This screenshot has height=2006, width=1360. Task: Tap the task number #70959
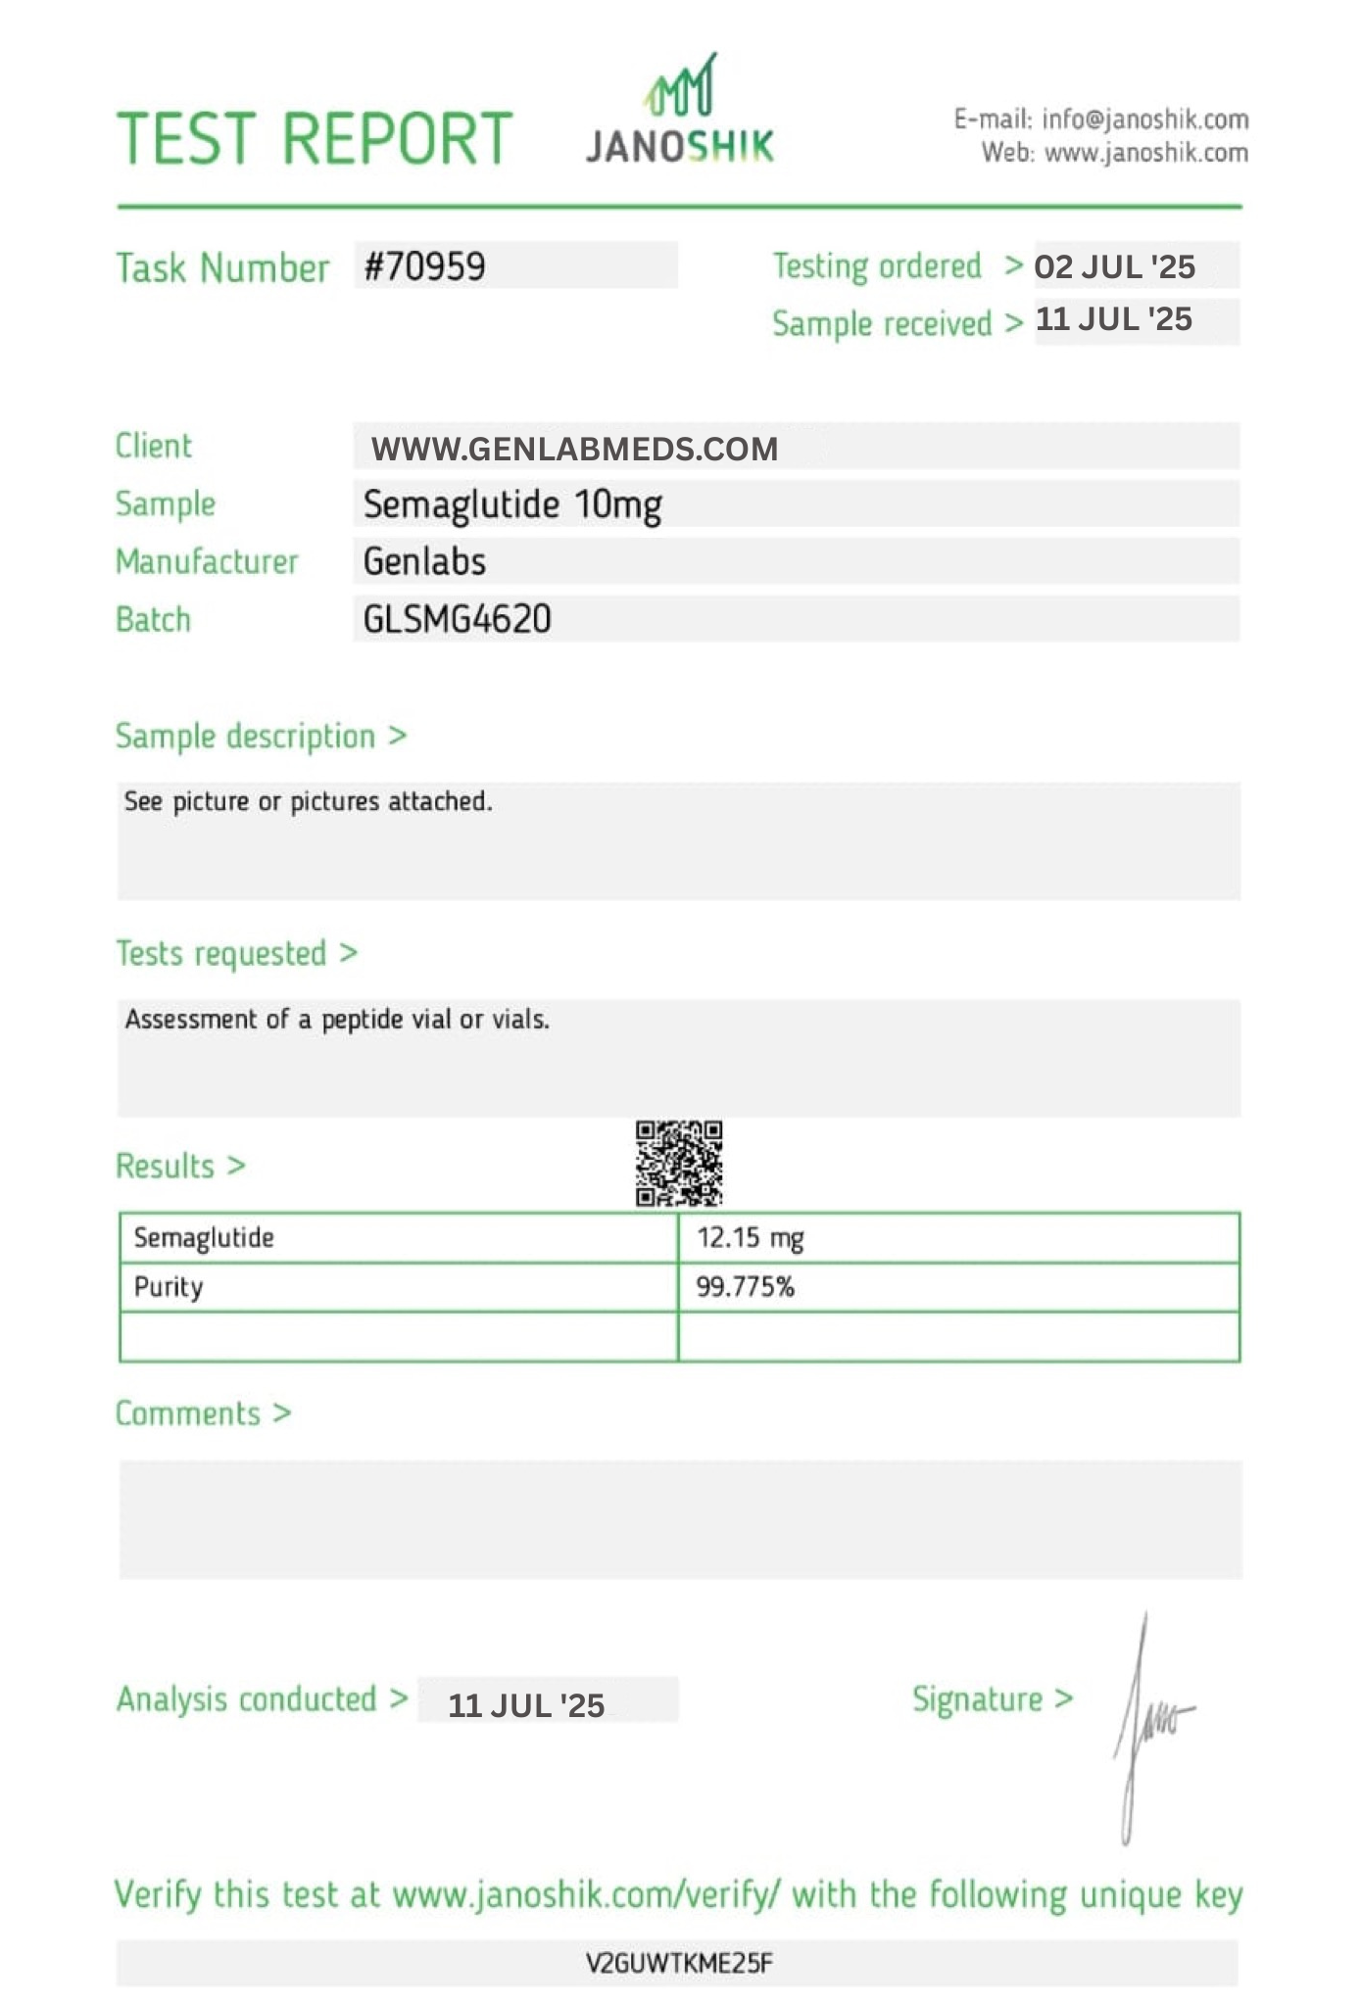click(424, 266)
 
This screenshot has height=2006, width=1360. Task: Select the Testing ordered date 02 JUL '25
click(1114, 266)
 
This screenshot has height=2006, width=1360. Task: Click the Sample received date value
click(1113, 319)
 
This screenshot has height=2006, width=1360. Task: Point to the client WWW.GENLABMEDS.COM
click(574, 449)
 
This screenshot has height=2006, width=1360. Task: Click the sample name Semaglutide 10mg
click(512, 504)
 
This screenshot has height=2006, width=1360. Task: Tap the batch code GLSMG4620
click(457, 619)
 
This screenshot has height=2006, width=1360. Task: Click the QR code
click(679, 1164)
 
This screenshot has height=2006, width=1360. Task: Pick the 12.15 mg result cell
click(750, 1238)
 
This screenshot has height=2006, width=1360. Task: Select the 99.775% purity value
click(745, 1287)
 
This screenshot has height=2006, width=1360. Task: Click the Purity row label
click(169, 1287)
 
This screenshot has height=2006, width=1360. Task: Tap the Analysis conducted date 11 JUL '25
click(526, 1705)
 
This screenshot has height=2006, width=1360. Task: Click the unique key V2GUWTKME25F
click(679, 1963)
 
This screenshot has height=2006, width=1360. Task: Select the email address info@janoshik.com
click(1144, 119)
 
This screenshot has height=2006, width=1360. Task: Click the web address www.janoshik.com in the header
click(1145, 153)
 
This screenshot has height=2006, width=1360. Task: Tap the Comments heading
click(188, 1413)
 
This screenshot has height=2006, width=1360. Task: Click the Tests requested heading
click(221, 953)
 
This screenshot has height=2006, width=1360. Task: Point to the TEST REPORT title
click(315, 138)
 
